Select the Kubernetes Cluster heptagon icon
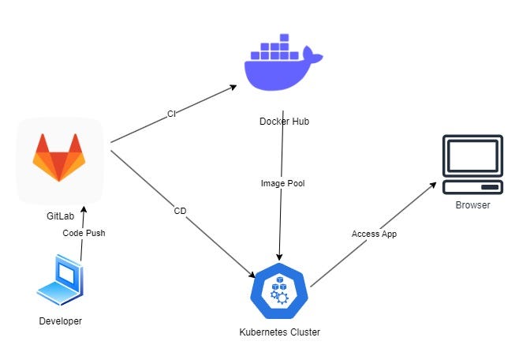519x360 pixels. point(279,291)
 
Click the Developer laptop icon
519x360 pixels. point(60,279)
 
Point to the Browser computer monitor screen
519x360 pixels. point(472,156)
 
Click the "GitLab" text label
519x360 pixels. point(60,216)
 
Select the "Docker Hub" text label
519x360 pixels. point(284,122)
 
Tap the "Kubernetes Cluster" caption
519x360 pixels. point(280,332)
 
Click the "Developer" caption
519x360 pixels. point(60,321)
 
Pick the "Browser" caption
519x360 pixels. point(472,205)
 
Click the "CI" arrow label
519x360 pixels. point(171,114)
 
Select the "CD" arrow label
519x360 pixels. point(180,211)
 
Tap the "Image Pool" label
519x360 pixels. point(282,183)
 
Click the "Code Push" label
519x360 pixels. point(84,233)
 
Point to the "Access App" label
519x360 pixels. point(374,234)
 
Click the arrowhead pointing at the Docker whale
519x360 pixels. point(233,88)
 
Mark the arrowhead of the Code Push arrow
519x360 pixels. point(84,209)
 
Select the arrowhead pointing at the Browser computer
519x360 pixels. point(433,186)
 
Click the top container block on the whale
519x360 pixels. point(284,38)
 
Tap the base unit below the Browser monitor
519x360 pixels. point(472,187)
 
